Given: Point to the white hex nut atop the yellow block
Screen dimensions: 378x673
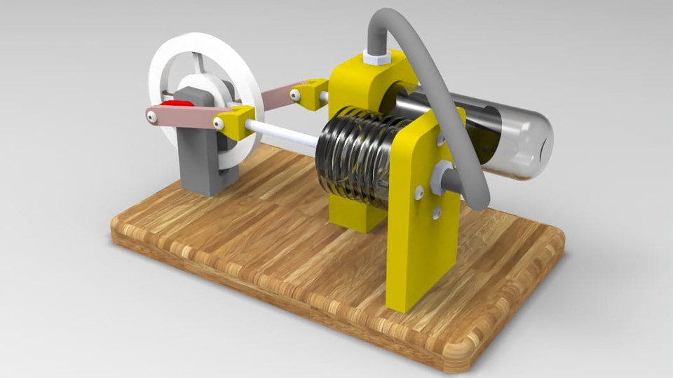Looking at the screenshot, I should pyautogui.click(x=379, y=58).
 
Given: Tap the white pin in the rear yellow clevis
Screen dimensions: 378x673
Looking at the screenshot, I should pyautogui.click(x=295, y=93).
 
